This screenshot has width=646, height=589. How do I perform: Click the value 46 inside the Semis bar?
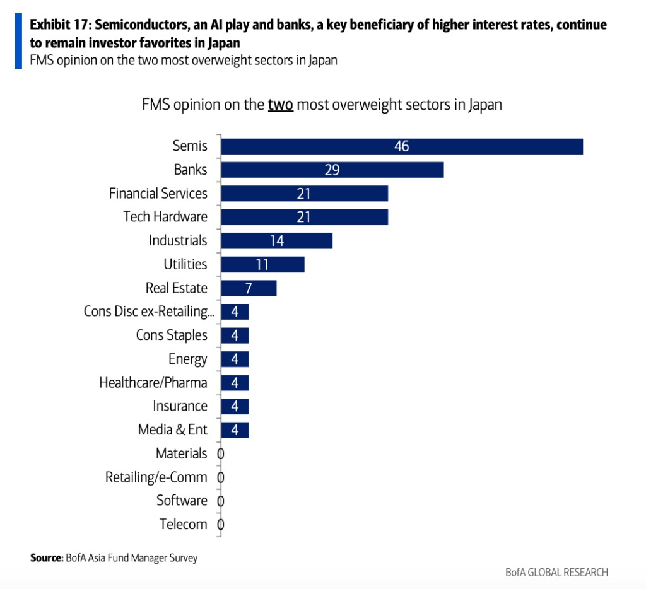401,146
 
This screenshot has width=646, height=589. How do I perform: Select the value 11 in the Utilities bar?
262,264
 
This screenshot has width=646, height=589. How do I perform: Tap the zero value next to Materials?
221,453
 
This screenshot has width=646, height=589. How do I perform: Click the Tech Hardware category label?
165,217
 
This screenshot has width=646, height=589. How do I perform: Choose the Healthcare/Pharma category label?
153,383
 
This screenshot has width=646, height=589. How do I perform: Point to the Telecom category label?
184,524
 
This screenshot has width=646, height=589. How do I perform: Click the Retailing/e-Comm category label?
156,477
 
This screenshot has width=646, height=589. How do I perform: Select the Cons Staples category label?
172,335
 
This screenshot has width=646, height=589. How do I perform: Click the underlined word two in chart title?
280,105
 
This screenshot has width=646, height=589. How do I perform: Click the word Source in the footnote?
46,558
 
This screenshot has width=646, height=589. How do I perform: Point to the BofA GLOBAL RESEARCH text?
556,573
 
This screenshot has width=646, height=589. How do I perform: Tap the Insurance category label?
180,406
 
